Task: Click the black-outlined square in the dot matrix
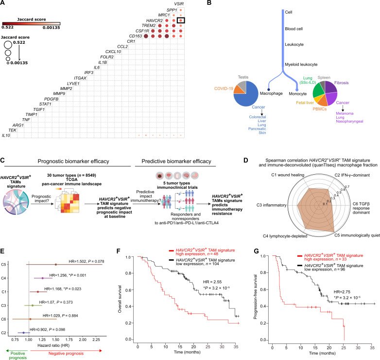point(181,20)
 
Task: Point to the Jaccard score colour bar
point(30,23)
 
